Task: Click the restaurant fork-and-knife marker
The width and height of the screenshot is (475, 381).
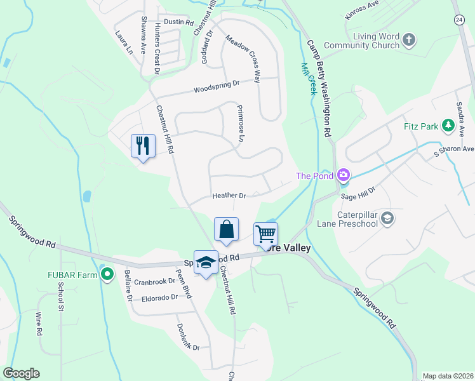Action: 143,146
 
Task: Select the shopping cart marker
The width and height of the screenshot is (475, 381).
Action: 265,234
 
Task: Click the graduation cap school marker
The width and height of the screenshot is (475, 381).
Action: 206,262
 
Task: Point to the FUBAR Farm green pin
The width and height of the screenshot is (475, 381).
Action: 107,275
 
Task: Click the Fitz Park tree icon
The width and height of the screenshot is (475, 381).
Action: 448,126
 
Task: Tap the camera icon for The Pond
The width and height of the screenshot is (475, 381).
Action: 344,175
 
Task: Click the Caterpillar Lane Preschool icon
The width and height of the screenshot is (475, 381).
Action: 387,219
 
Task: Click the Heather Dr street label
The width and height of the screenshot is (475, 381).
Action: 229,196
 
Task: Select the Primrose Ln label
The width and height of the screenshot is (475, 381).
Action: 241,123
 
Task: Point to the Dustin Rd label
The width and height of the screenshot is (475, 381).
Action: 178,22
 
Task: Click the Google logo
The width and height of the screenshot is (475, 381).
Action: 21,373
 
